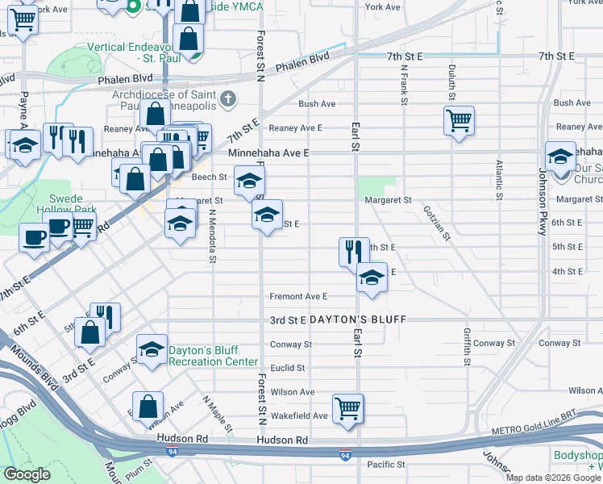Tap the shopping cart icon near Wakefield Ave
348,407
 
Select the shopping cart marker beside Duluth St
459,121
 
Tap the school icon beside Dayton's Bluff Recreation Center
151,349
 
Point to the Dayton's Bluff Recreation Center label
213,356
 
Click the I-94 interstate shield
345,455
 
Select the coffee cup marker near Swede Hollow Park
34,238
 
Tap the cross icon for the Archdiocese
229,99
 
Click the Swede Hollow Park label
73,204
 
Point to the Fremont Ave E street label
298,296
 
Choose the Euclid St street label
288,368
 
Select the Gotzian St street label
435,221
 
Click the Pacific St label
385,465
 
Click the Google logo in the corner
27,474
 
